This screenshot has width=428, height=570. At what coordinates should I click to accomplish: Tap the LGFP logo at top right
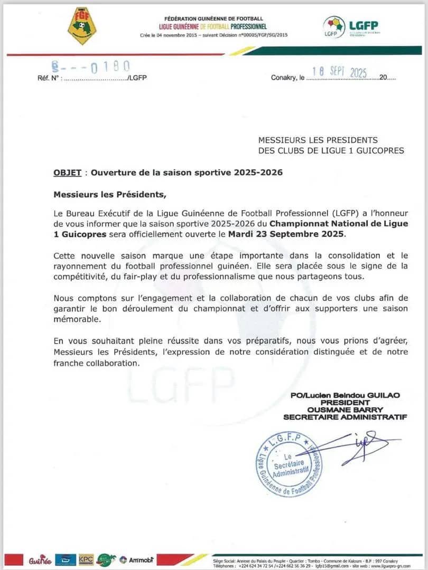point(351,26)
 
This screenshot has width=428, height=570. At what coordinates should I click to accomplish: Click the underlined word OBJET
point(68,173)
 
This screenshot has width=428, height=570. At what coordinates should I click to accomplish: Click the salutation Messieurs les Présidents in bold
point(109,194)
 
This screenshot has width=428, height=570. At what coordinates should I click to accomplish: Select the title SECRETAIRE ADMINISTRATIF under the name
point(346,417)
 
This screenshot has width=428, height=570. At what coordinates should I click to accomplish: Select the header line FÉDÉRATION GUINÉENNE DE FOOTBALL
point(214,19)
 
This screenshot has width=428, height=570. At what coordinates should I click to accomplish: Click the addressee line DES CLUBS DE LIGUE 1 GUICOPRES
point(331,150)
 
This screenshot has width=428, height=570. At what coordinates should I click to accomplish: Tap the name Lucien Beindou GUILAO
point(355,395)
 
